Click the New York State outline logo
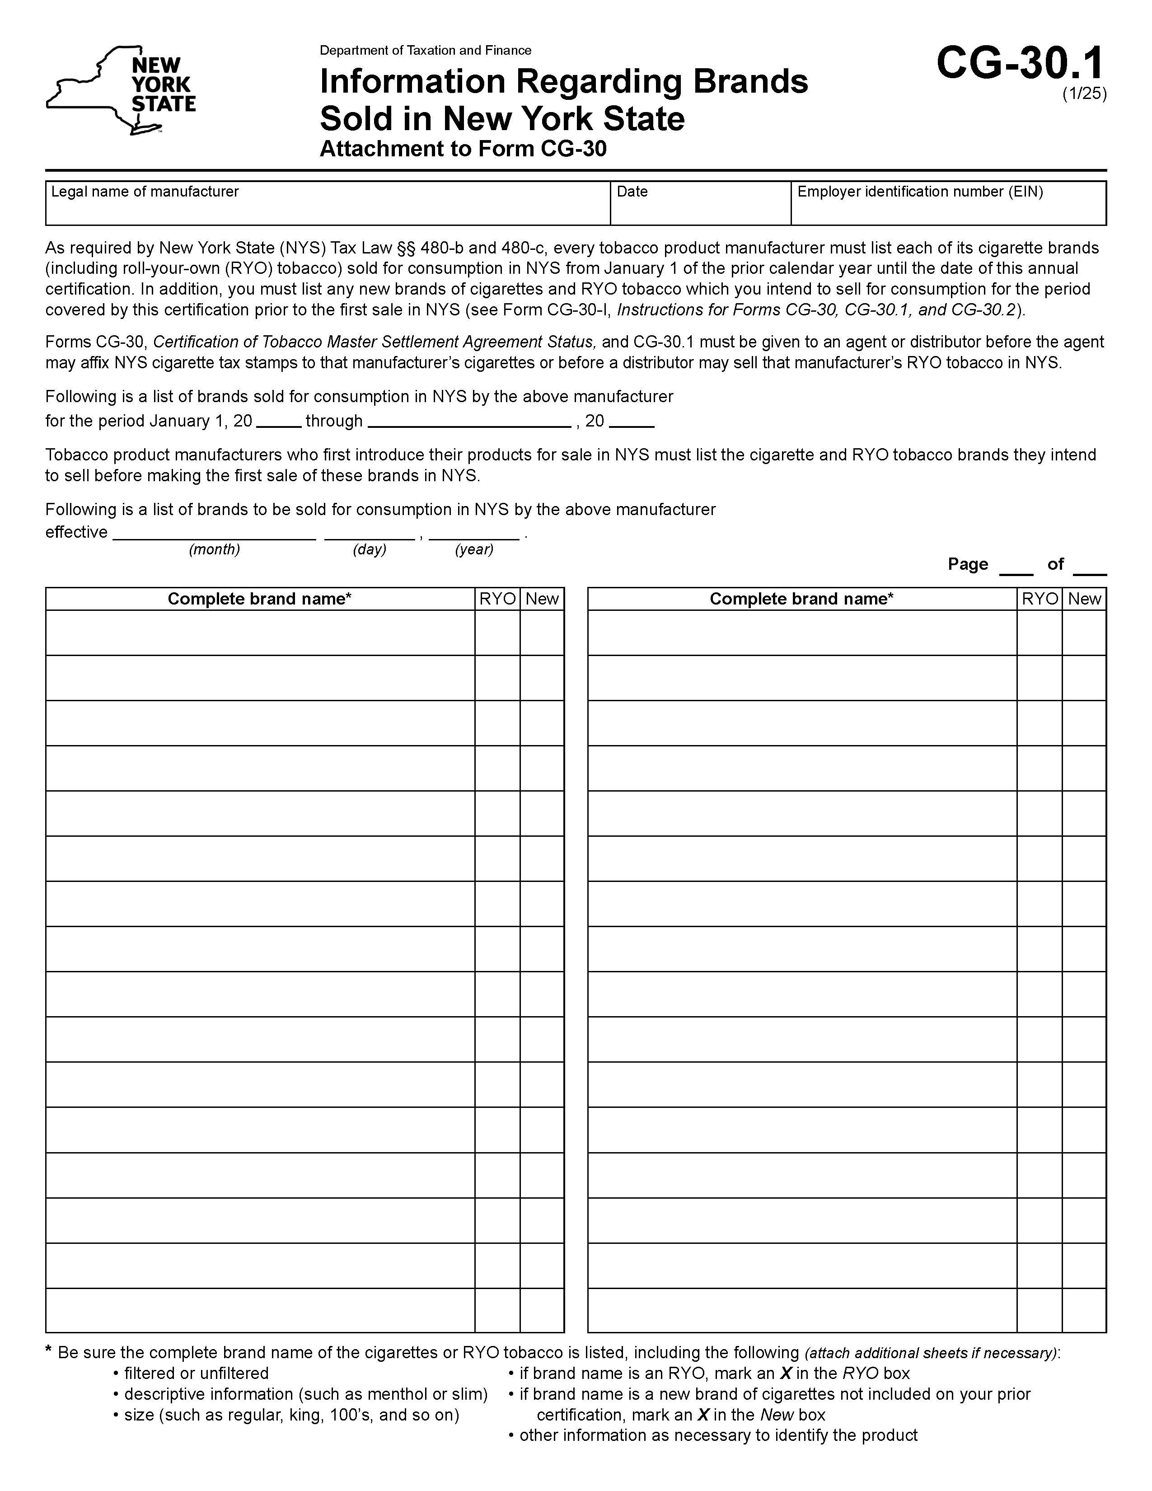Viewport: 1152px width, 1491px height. pos(120,90)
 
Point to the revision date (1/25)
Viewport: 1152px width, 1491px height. pos(1084,94)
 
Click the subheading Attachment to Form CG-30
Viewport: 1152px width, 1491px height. pos(463,149)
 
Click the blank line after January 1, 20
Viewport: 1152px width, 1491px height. pos(278,422)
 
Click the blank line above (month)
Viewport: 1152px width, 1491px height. pos(214,534)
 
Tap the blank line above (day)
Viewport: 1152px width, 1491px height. pos(369,534)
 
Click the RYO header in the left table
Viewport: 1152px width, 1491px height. pos(497,599)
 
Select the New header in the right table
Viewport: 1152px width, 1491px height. pos(1084,599)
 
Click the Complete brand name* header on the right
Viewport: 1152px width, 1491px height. pos(801,599)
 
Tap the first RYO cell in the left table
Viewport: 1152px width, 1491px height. pos(497,633)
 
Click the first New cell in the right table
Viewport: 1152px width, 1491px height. pos(1084,633)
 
